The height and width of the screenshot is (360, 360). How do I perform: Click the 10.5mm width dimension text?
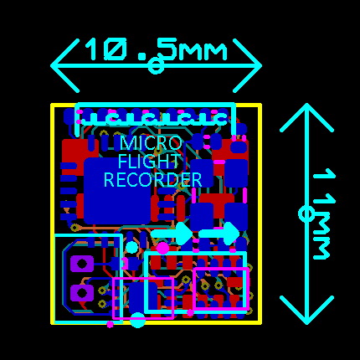157,50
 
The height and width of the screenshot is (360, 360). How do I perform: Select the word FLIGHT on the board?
149,162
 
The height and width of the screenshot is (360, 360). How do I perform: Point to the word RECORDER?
152,180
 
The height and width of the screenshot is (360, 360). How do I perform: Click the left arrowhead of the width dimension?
64,65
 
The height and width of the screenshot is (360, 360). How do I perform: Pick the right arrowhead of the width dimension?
247,65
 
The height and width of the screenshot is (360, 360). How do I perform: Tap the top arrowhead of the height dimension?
306,117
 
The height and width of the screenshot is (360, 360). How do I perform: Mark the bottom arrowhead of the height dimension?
306,310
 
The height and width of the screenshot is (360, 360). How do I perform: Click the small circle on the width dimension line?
156,66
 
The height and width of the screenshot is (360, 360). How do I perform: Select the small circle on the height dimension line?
306,213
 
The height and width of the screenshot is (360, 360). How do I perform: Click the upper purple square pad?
81,264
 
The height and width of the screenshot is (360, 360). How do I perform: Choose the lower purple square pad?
81,293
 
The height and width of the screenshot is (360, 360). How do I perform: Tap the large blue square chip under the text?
117,191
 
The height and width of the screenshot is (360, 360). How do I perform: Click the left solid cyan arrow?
172,234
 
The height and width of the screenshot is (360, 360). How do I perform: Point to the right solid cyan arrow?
219,234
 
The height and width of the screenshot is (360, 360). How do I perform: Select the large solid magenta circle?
163,248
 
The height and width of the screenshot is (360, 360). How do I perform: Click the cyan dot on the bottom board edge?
137,321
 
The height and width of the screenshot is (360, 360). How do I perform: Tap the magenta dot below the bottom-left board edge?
111,324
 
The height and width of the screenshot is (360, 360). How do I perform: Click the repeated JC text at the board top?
155,117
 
